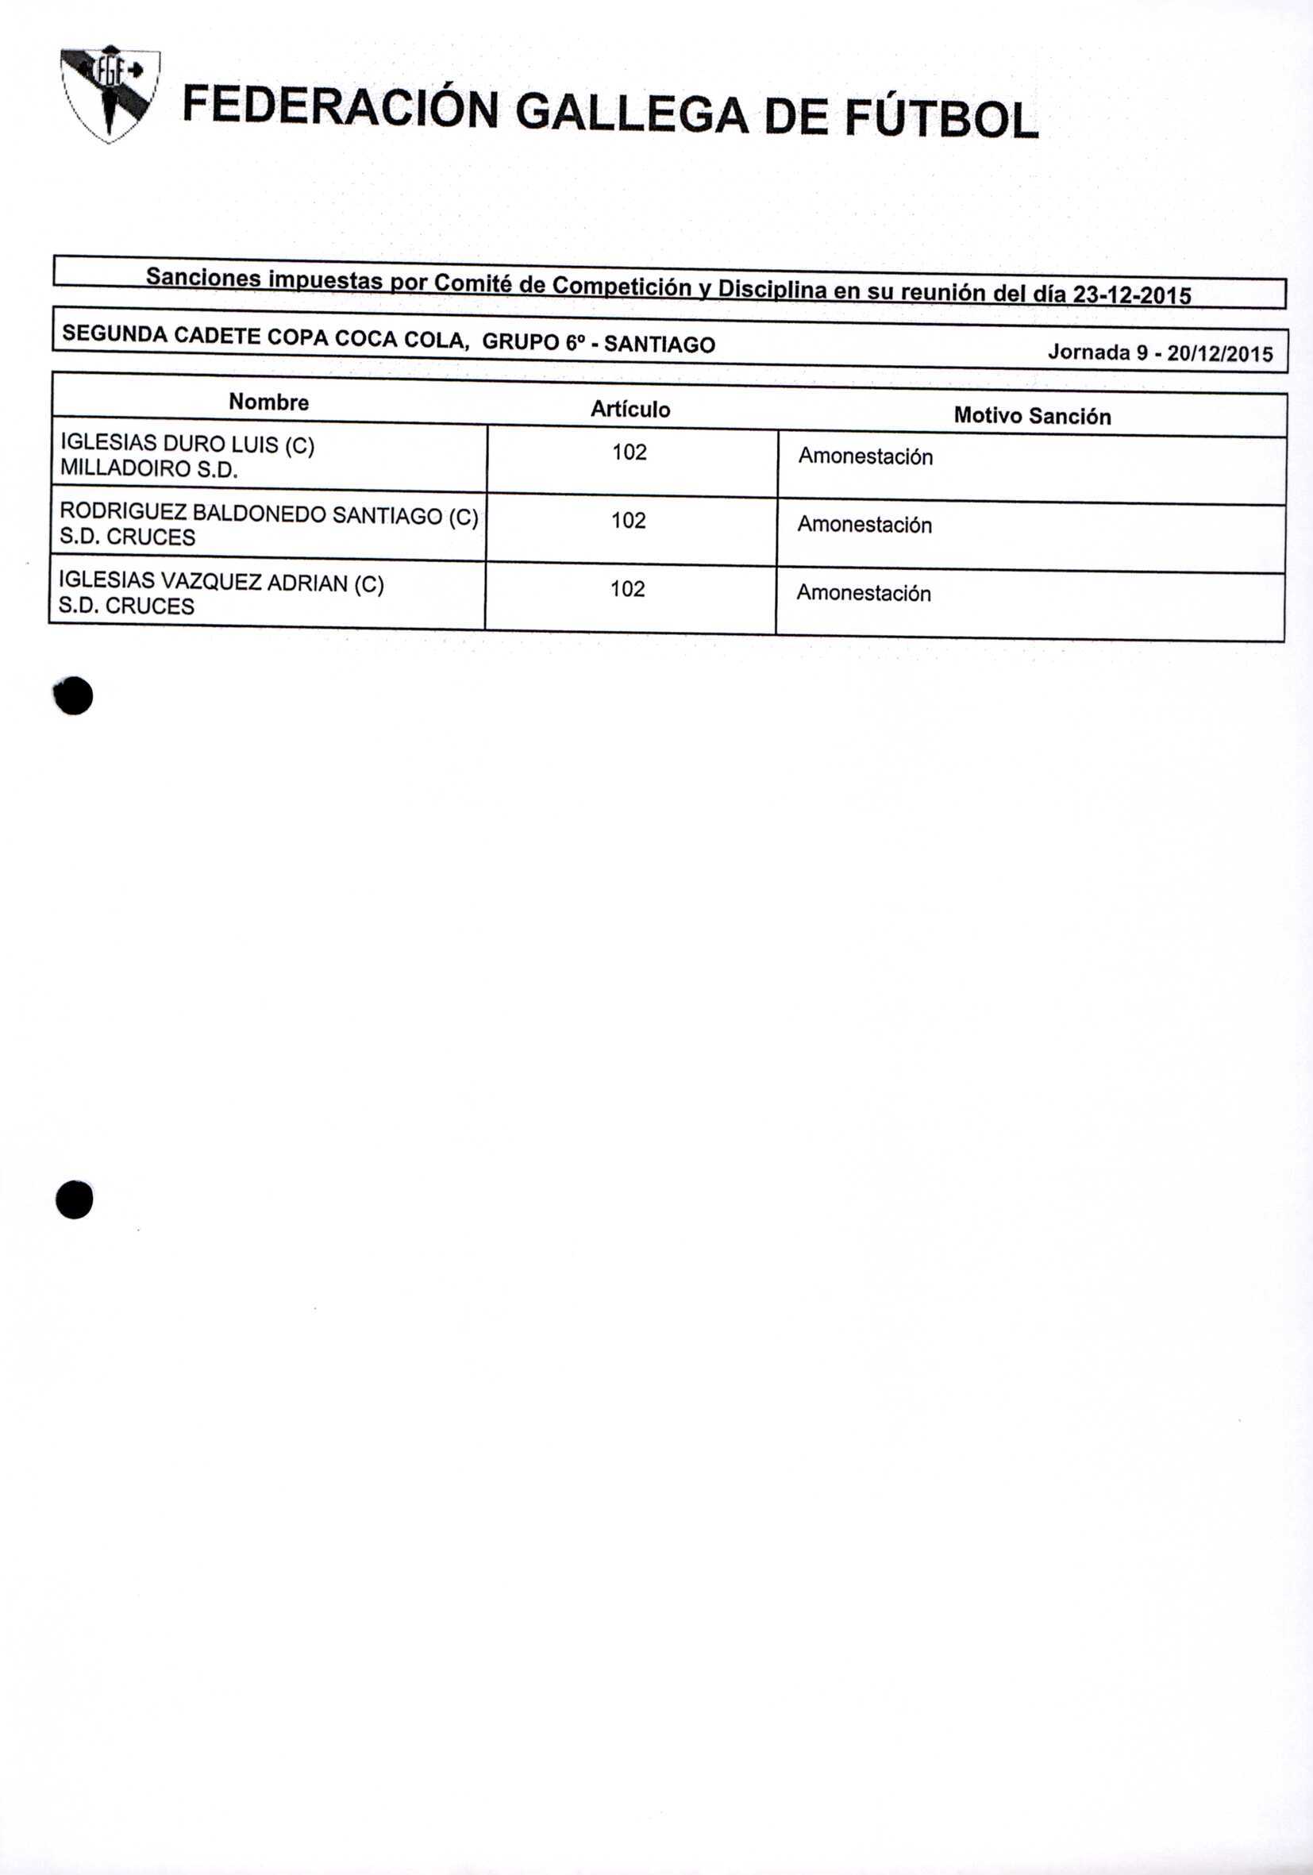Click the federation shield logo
click(110, 94)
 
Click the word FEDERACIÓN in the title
click(340, 110)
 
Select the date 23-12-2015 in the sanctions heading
click(1131, 295)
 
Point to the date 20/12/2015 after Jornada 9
click(1220, 353)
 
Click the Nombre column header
click(268, 402)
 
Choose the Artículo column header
click(630, 409)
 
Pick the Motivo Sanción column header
click(1032, 417)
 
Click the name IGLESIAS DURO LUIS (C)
click(187, 445)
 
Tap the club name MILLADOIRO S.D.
click(148, 470)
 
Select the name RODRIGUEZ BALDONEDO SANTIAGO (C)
click(268, 514)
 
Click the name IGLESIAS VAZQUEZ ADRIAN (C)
click(221, 582)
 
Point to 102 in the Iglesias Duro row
click(630, 452)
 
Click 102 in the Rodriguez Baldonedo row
click(629, 521)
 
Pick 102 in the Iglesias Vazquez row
click(627, 590)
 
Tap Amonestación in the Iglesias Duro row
click(865, 456)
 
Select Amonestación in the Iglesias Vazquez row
click(864, 593)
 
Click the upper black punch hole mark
click(74, 697)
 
